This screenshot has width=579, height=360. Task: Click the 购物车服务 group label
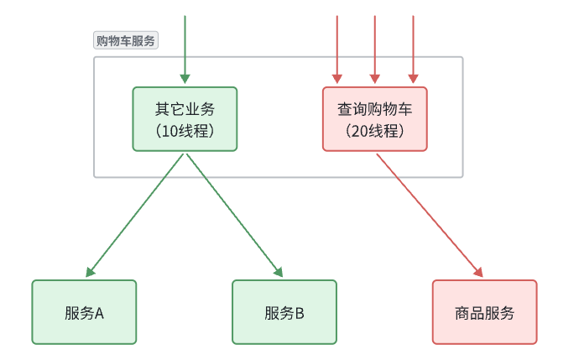pos(125,40)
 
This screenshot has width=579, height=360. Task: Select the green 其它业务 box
pos(185,119)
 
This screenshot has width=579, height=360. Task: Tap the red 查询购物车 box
pos(374,119)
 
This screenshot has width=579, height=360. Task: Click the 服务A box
pos(84,312)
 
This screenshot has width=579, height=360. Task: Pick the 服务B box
pos(284,312)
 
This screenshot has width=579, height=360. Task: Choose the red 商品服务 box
pos(484,312)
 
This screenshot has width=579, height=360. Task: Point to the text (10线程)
pos(185,131)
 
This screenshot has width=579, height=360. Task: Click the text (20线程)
pos(375,131)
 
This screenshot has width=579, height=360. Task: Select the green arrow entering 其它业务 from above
pos(185,46)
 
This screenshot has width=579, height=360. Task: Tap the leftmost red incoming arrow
pos(336,46)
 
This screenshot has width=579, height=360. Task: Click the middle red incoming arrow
pos(375,46)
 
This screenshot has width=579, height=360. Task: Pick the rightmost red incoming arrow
pos(413,46)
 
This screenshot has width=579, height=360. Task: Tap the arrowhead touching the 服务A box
pos(90,272)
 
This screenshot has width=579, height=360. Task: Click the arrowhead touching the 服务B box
pos(279,272)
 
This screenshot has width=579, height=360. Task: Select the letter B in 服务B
pos(299,313)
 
